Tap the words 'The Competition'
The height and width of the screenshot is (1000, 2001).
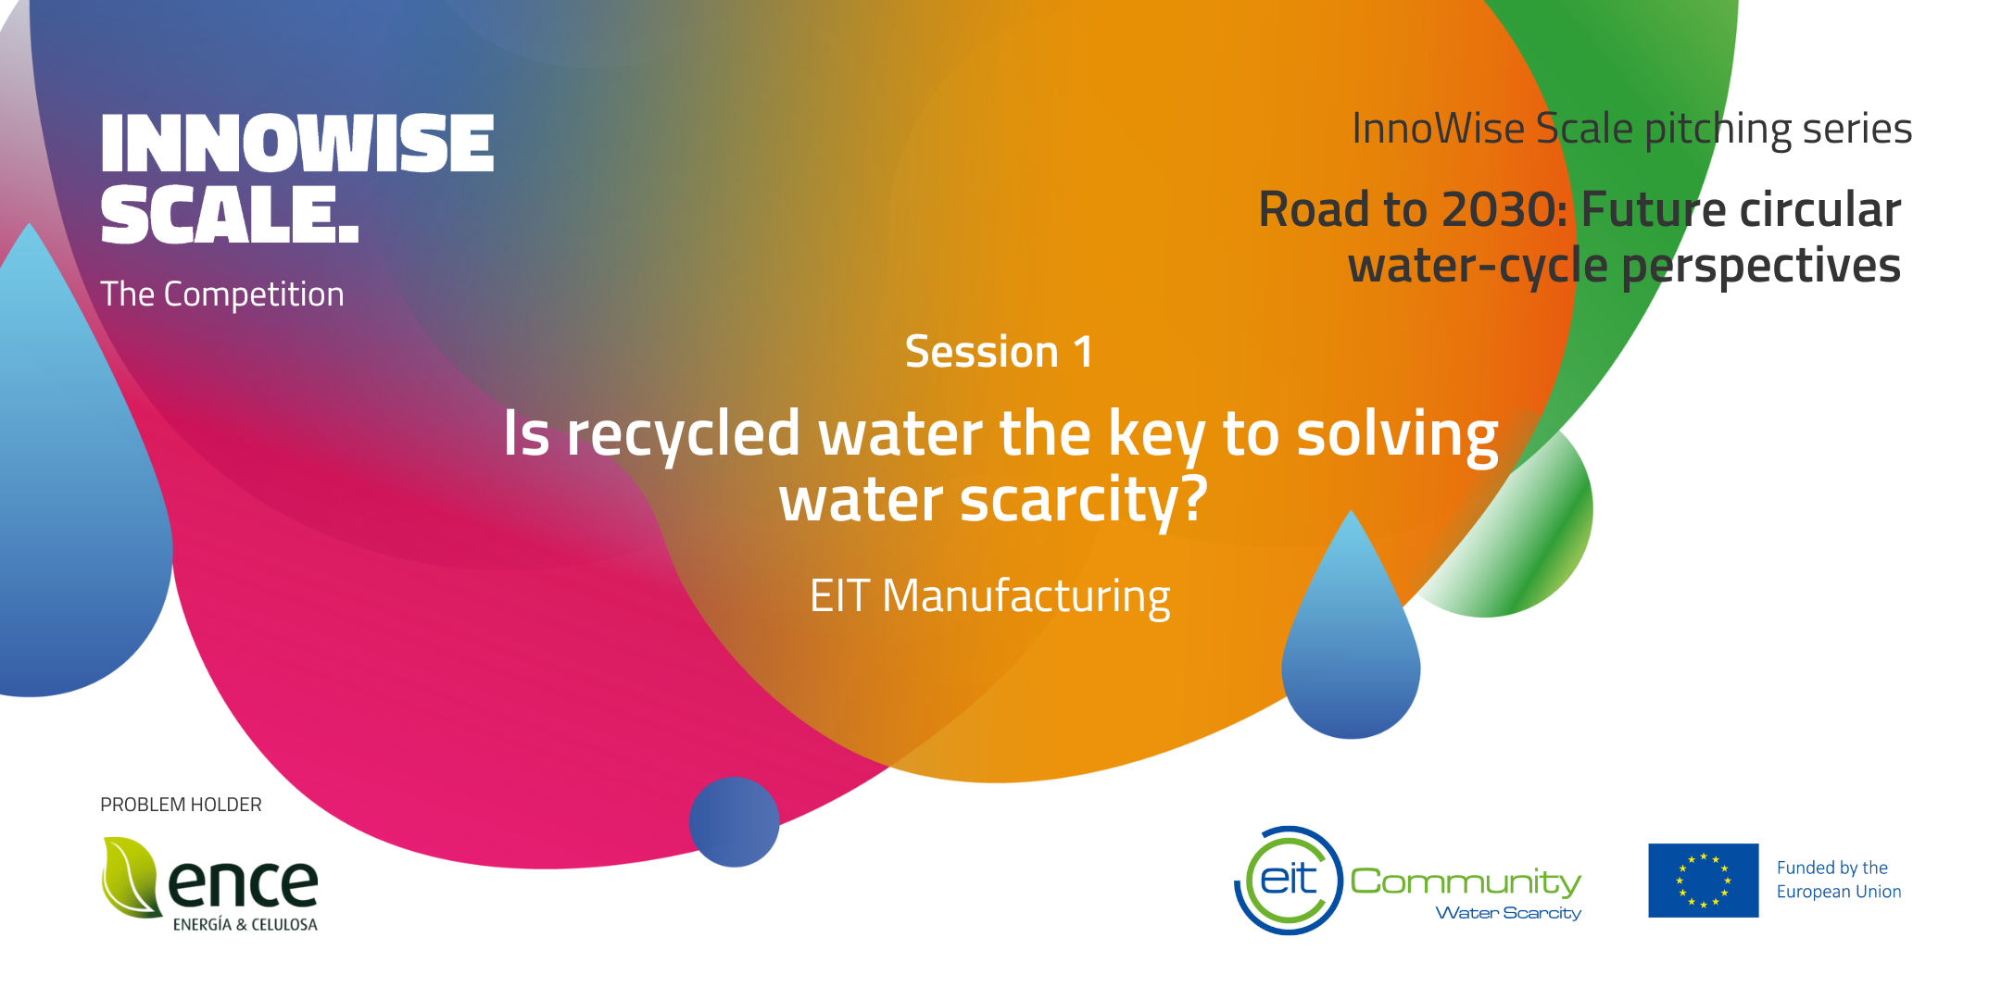click(x=222, y=294)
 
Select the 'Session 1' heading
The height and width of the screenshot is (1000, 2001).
click(x=999, y=352)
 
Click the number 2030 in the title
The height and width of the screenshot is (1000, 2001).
click(x=1500, y=209)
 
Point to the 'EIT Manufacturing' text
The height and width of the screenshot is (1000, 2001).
click(x=989, y=596)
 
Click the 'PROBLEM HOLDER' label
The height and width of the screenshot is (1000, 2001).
click(x=181, y=805)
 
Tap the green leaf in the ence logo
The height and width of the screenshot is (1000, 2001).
click(x=130, y=878)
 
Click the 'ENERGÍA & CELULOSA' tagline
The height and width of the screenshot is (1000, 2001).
click(x=245, y=924)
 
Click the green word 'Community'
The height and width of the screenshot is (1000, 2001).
click(x=1466, y=881)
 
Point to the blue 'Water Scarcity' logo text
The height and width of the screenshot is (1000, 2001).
click(x=1508, y=913)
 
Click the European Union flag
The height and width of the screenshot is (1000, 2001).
click(x=1703, y=881)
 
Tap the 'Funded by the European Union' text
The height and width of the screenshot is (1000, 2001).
click(x=1839, y=880)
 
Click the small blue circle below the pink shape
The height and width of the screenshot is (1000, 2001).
click(x=734, y=822)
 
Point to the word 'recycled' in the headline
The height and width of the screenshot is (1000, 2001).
click(x=684, y=435)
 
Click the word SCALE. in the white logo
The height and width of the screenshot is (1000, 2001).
click(x=230, y=215)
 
